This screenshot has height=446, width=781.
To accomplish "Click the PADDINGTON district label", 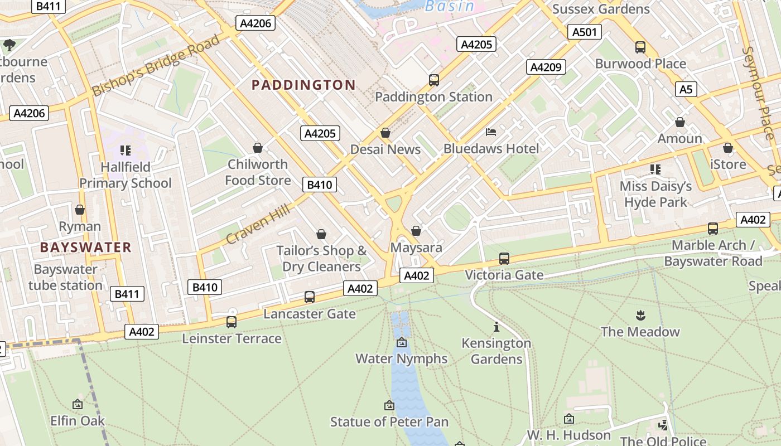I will tap(303, 85).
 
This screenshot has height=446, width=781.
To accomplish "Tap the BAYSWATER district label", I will tap(86, 247).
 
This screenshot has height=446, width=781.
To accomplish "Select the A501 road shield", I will tap(584, 32).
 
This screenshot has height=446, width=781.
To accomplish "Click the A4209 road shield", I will tap(546, 67).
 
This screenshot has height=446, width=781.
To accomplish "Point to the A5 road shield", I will tap(686, 89).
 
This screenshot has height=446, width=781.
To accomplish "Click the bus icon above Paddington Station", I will tap(434, 80).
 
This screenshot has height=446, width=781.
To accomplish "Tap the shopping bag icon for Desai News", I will tap(385, 133).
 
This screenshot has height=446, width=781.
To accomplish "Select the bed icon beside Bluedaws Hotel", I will tap(491, 132).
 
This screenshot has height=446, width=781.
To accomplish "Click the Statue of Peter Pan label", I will tap(389, 421).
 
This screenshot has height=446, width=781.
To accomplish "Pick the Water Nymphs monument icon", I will tap(401, 342).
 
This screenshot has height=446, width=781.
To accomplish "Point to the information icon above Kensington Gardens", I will tap(496, 327).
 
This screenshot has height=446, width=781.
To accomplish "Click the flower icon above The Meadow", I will tap(640, 316).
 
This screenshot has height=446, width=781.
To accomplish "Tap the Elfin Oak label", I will tap(78, 420).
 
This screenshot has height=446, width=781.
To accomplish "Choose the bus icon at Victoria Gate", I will tap(504, 258).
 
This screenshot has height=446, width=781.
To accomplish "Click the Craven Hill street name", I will tap(258, 224).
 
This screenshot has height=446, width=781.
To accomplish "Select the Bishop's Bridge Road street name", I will tap(156, 66).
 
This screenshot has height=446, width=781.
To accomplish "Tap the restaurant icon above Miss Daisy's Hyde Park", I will tap(655, 169).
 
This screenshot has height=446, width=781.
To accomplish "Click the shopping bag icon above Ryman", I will tap(80, 210).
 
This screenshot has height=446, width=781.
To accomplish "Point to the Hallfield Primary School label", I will tap(126, 175).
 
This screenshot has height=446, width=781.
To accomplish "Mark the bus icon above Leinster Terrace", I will tap(232, 322).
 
